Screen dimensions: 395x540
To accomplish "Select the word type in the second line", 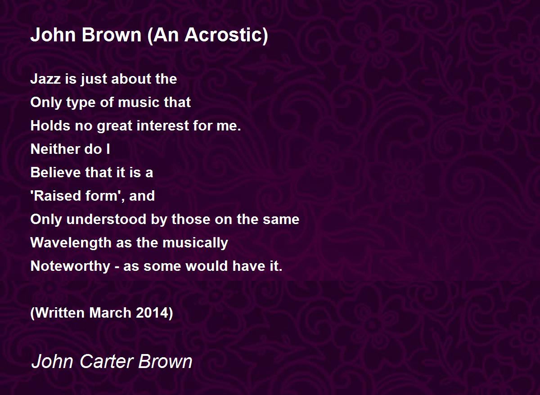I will (81, 103).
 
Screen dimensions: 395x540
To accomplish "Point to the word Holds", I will (47, 126).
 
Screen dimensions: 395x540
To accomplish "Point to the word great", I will (114, 126).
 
